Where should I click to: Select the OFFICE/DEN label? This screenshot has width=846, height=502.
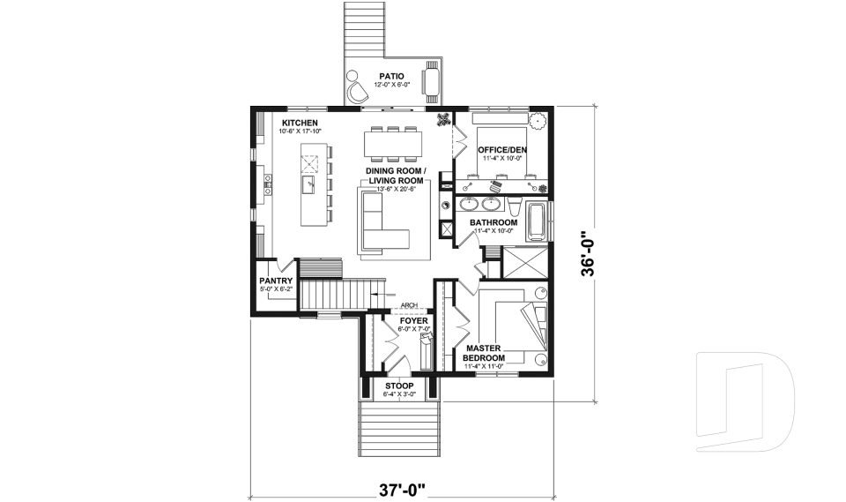pyautogui.click(x=502, y=151)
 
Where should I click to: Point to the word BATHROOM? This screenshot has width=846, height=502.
pyautogui.click(x=493, y=222)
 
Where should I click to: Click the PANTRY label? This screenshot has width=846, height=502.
pyautogui.click(x=276, y=281)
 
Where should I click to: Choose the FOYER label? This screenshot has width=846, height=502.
pyautogui.click(x=413, y=321)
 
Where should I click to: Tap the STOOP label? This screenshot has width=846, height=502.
pyautogui.click(x=399, y=386)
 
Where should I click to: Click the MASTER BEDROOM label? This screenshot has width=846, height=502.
pyautogui.click(x=483, y=354)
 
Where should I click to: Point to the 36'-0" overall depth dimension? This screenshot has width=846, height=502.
pyautogui.click(x=588, y=254)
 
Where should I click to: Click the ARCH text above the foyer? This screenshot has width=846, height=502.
pyautogui.click(x=409, y=307)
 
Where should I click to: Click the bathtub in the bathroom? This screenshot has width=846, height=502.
pyautogui.click(x=535, y=221)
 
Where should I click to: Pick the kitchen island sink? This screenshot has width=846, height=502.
pyautogui.click(x=310, y=184)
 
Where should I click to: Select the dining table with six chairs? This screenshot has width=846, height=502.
pyautogui.click(x=393, y=141)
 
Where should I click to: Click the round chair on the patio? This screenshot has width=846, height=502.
pyautogui.click(x=356, y=91)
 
